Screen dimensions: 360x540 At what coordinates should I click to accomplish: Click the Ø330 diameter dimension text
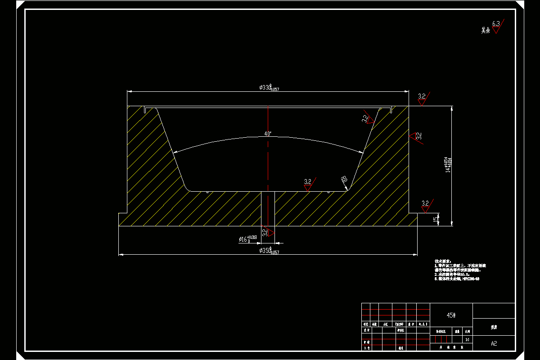point(269,88)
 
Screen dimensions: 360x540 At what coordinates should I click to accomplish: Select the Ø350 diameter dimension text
point(269,251)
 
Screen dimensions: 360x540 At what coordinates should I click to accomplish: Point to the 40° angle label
point(268,134)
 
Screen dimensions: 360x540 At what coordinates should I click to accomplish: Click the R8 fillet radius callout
point(344,180)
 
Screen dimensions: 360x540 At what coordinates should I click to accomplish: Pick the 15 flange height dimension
point(435,219)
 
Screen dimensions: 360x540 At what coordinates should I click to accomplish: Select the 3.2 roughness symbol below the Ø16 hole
point(268,232)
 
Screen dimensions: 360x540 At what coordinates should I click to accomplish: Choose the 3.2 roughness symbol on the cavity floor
point(309,184)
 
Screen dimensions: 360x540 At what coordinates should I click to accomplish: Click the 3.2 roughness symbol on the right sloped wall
point(367,119)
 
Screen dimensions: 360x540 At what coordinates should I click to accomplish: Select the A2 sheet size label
point(494,343)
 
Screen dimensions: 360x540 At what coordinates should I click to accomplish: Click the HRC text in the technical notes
point(471,279)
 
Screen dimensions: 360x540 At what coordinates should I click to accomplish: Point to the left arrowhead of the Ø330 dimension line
point(129,91)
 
